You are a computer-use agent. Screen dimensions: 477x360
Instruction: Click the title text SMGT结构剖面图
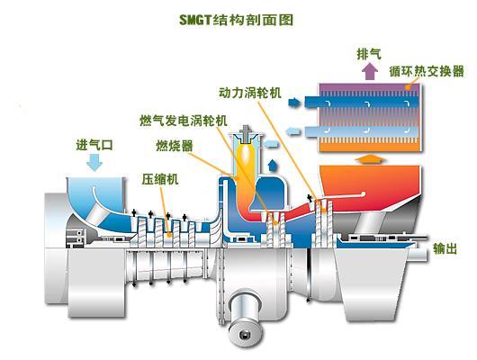236,20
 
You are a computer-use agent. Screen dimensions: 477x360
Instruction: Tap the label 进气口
94,145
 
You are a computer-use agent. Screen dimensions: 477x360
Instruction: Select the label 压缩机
160,179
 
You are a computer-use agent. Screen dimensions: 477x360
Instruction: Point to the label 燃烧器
175,146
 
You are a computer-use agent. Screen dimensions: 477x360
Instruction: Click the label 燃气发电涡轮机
184,121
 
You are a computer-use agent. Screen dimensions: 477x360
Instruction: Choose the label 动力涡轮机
250,93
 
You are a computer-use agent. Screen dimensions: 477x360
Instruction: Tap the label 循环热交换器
427,71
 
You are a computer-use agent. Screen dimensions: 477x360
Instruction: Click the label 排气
369,54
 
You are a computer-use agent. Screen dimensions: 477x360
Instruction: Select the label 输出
445,248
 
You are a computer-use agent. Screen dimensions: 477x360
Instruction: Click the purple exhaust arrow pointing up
370,71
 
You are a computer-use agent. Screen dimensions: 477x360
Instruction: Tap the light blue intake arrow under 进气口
94,162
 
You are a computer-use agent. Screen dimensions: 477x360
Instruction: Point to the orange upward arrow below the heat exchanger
370,159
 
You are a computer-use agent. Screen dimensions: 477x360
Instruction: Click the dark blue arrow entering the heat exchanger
294,103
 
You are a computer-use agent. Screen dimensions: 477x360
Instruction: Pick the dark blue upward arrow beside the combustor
273,166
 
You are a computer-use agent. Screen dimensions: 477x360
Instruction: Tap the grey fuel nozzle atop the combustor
246,134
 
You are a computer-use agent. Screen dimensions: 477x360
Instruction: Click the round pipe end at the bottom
245,335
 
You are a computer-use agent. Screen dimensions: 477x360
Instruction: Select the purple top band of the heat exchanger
369,87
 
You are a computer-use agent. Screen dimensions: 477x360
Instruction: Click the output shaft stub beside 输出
418,254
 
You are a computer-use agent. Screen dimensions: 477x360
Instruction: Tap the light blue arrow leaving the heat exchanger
293,131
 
